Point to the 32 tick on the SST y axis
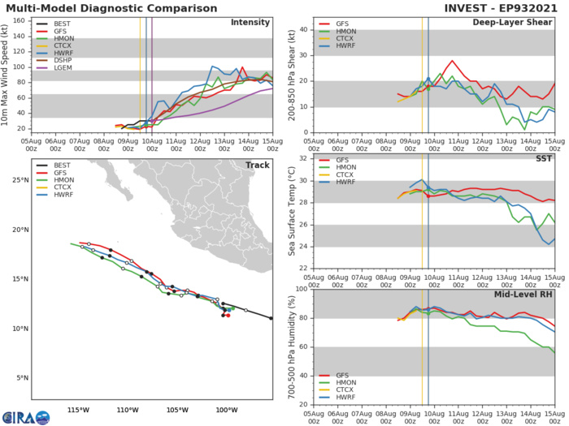(x=302, y=158)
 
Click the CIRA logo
(x=24, y=415)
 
